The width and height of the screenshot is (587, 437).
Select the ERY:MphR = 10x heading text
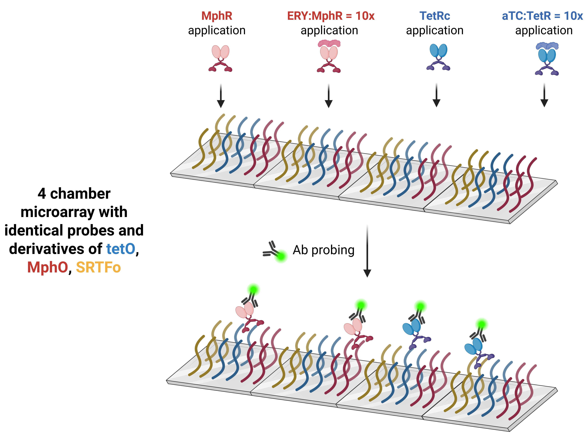[331, 16]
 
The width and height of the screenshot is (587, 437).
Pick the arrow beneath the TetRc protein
[436, 95]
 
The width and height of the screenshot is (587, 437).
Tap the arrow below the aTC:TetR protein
[544, 95]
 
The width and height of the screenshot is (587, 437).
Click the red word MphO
[48, 267]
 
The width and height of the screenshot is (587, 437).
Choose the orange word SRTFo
[98, 267]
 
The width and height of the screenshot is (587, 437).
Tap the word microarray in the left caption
[56, 212]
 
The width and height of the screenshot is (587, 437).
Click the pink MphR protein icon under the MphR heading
[220, 58]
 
